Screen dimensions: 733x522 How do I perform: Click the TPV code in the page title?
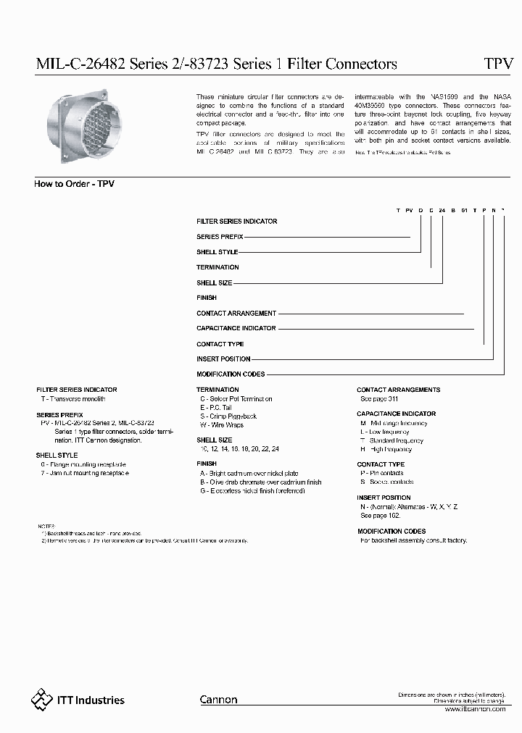[498, 64]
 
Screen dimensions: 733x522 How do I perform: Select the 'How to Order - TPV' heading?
[74, 184]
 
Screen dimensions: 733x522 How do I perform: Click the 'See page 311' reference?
[379, 399]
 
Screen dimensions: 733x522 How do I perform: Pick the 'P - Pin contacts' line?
[382, 473]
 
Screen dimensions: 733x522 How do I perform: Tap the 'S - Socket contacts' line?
[386, 482]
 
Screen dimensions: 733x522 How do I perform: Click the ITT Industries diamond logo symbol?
[42, 699]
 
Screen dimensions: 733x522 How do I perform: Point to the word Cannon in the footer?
[218, 700]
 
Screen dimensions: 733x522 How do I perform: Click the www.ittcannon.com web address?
[474, 709]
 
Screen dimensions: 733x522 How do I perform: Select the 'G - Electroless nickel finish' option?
[252, 491]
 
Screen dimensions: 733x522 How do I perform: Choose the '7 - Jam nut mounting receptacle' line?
[85, 473]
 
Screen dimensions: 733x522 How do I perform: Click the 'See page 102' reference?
[380, 516]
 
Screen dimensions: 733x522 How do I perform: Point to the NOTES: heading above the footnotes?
[45, 525]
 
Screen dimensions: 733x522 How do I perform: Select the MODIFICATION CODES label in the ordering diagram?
[231, 374]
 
